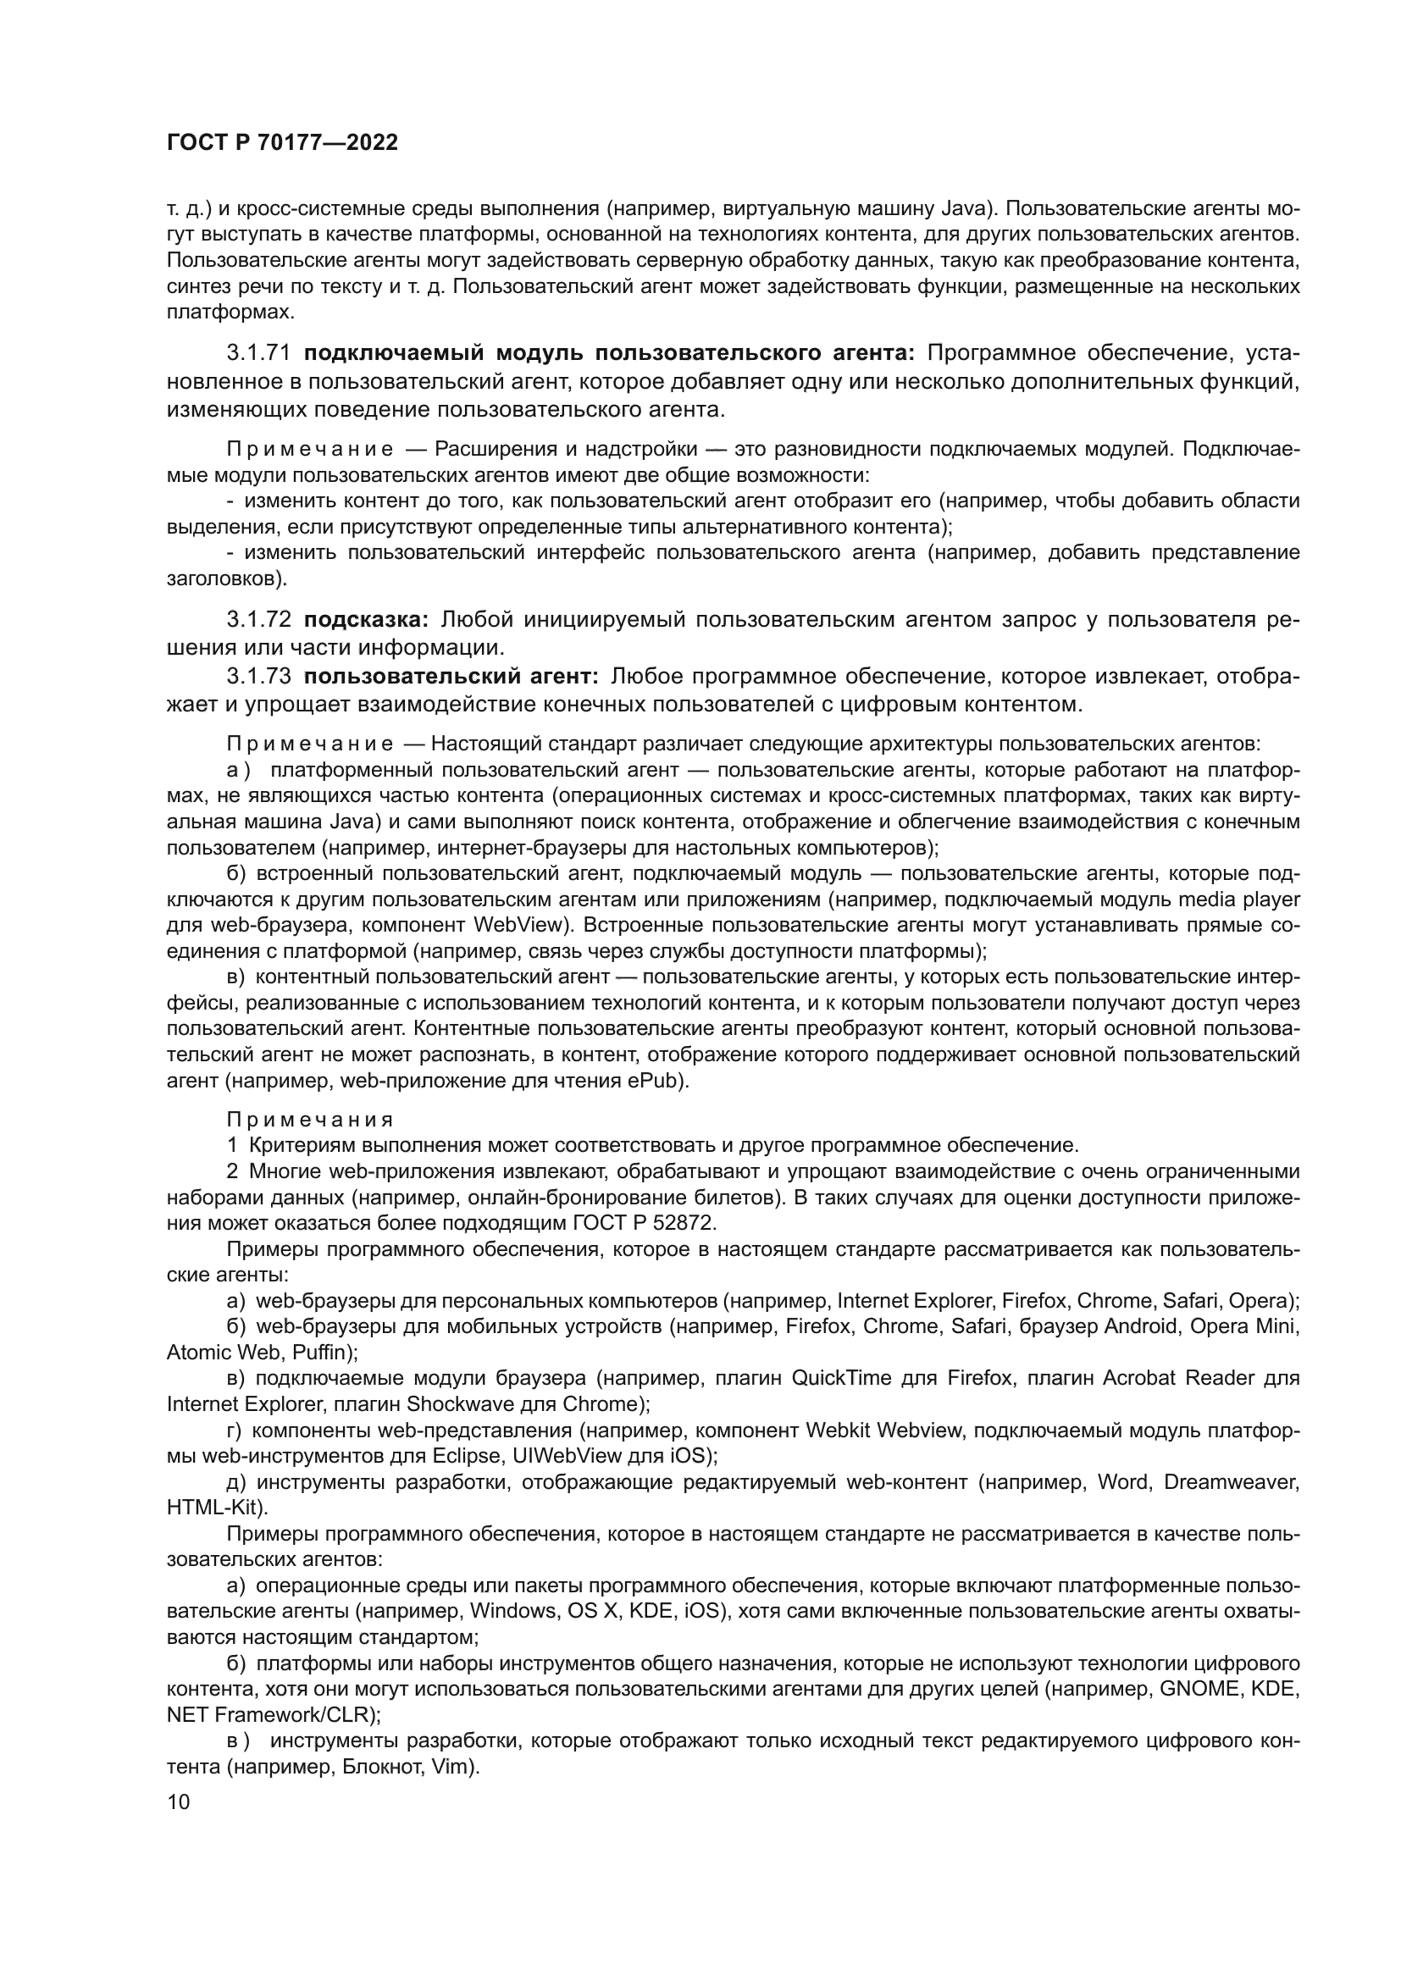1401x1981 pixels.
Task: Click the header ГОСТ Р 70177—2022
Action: (282, 143)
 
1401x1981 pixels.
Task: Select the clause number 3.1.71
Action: (260, 353)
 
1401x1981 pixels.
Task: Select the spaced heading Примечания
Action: (310, 1120)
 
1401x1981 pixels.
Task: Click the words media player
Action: (1239, 899)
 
